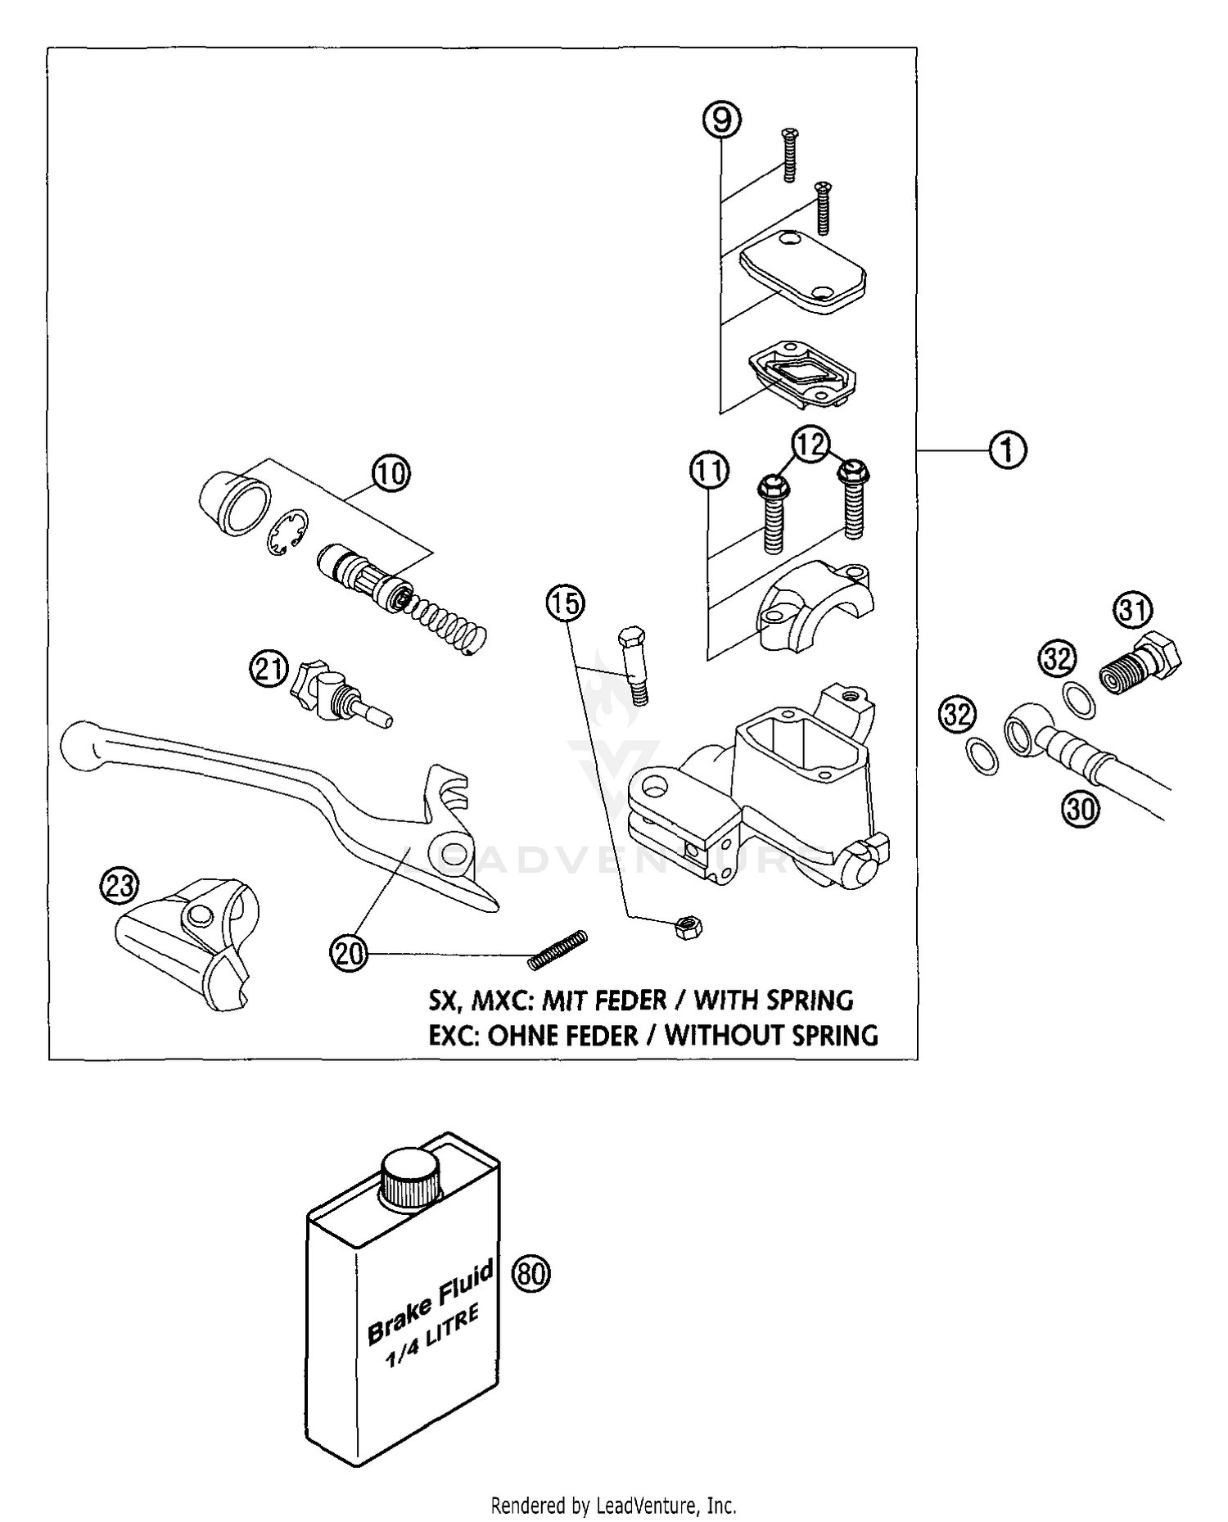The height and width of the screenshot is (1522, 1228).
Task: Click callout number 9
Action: (x=721, y=120)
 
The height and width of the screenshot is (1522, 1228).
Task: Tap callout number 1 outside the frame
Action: (x=1008, y=449)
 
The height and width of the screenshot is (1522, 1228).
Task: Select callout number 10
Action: (x=391, y=472)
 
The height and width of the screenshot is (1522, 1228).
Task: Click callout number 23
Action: (x=120, y=886)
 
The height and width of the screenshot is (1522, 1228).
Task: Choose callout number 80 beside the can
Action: (x=531, y=1274)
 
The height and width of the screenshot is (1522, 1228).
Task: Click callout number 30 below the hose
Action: (x=1081, y=809)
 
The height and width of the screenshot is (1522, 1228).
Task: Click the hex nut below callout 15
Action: (x=688, y=927)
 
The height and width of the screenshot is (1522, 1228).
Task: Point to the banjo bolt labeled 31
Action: (x=1141, y=666)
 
